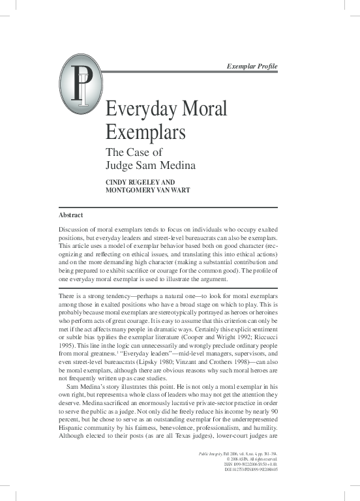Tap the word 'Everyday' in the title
[142, 109]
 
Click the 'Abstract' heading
[70, 215]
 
